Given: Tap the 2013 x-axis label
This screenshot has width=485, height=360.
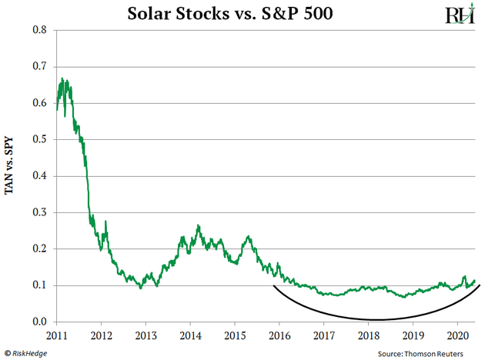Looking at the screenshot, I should (146, 336).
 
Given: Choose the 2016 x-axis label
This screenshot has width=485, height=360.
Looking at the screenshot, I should (279, 336).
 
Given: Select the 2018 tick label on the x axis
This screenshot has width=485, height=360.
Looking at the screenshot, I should (369, 336).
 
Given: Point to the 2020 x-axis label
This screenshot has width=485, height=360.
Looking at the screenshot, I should (458, 336).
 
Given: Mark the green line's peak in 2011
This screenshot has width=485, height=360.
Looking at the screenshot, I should (62, 78).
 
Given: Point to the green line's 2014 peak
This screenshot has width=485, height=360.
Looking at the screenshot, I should (198, 225).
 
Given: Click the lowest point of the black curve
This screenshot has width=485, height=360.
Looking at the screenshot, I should (377, 319).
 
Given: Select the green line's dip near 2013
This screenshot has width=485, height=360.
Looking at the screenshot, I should (140, 288).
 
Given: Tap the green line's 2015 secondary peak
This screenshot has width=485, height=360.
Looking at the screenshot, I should (248, 236).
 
